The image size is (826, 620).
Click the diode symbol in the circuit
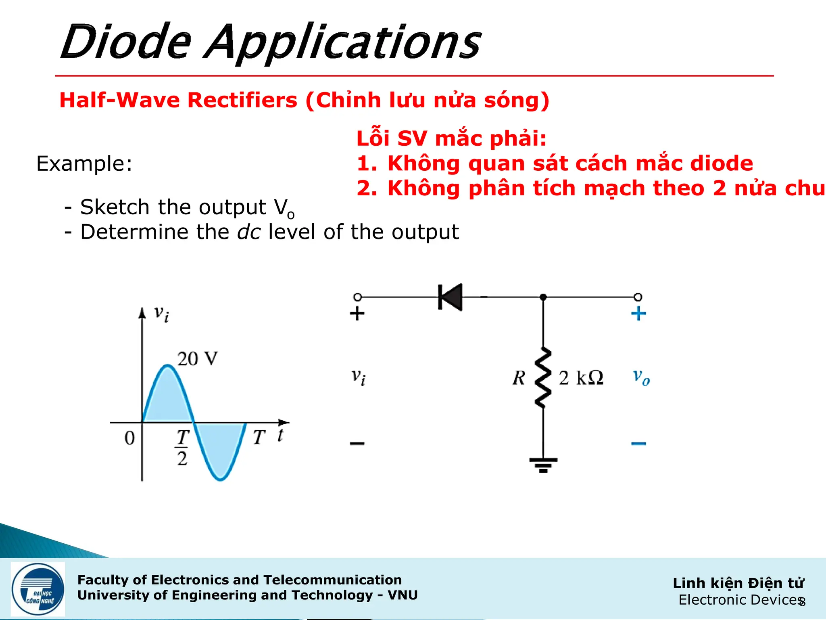[x=450, y=297]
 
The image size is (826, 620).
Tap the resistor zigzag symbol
[x=543, y=377]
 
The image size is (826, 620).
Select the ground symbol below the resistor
[x=543, y=465]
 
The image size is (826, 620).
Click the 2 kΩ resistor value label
[x=581, y=378]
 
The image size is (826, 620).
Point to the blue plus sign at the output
[x=638, y=314]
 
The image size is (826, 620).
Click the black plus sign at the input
[x=357, y=314]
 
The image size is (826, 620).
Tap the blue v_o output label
[x=641, y=377]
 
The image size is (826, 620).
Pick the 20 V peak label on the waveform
[x=197, y=358]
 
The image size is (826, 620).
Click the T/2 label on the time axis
[x=182, y=448]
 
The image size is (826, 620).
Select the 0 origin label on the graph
[x=129, y=438]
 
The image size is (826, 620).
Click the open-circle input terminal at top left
[x=357, y=297]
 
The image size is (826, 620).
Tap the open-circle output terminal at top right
[x=638, y=297]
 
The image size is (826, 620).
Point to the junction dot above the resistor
[x=543, y=297]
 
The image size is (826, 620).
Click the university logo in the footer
[x=38, y=589]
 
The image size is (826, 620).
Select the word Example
[x=84, y=163]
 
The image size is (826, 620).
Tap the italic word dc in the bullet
[x=248, y=232]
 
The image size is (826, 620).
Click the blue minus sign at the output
[x=638, y=444]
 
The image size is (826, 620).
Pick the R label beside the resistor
[x=519, y=378]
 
